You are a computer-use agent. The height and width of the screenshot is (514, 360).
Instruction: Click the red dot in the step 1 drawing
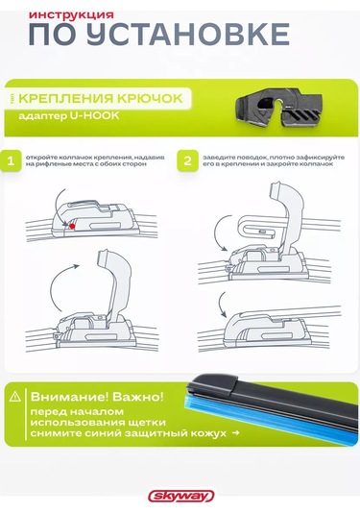[70, 225]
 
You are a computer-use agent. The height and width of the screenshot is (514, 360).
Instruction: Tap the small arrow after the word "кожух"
[235, 434]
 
